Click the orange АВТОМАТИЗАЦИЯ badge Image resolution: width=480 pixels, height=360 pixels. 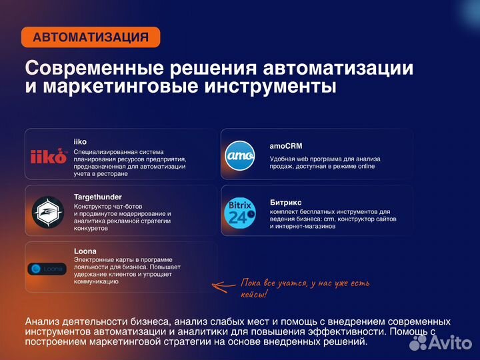tap(91, 37)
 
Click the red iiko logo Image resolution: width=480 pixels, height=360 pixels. tap(49, 156)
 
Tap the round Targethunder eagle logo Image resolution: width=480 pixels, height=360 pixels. tap(48, 211)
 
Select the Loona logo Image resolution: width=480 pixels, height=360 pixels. tap(47, 269)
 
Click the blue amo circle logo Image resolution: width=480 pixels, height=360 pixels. tap(240, 156)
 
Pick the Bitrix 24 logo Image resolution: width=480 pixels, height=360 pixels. tap(240, 211)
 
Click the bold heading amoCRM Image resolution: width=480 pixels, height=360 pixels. tap(287, 145)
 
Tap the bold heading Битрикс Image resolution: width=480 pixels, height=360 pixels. tap(286, 201)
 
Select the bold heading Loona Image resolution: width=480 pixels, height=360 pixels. tap(85, 251)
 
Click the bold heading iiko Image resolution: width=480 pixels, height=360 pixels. tap(80, 141)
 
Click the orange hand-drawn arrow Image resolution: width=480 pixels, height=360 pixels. tap(224, 286)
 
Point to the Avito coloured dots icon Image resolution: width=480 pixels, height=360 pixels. tap(418, 342)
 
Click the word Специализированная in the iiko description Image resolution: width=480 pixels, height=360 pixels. tap(107, 151)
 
